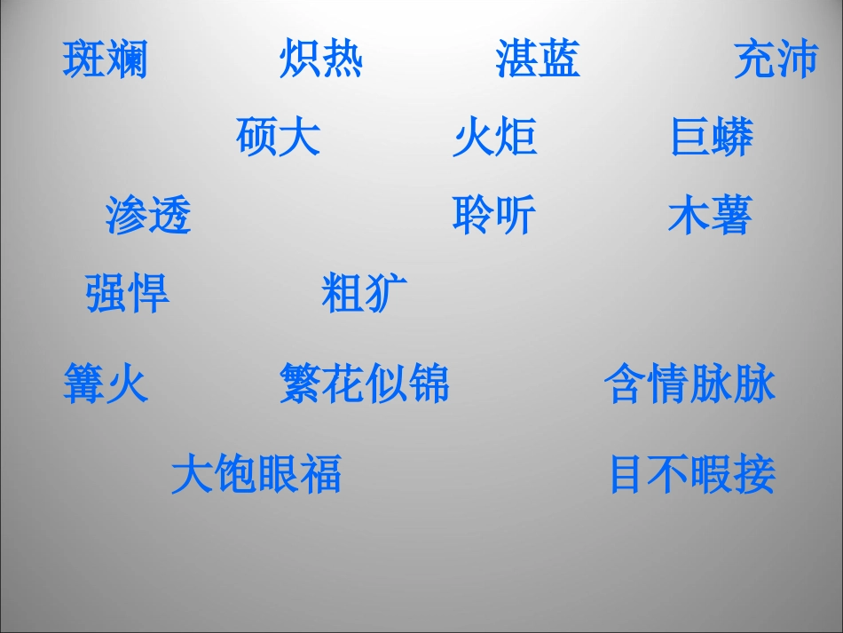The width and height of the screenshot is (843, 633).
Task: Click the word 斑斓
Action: click(106, 59)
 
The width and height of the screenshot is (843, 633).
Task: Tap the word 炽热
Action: click(321, 59)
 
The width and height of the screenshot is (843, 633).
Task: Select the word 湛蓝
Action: click(538, 59)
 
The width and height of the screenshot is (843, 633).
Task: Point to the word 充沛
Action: click(776, 59)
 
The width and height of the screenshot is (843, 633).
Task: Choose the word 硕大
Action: click(279, 138)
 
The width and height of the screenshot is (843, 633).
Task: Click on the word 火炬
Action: click(494, 138)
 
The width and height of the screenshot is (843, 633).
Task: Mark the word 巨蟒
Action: click(712, 138)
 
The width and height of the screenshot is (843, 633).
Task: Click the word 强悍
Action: click(127, 294)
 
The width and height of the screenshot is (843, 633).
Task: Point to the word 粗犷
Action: click(364, 294)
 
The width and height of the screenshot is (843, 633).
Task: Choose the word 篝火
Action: click(106, 384)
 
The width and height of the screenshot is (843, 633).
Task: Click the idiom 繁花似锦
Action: click(365, 384)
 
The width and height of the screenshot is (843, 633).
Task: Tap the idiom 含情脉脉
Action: click(689, 384)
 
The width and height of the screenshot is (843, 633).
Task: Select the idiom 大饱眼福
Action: click(256, 474)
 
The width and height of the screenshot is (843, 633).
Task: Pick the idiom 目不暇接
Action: click(691, 474)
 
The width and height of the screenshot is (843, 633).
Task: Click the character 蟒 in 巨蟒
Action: click(733, 138)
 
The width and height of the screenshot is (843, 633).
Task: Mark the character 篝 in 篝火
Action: click(84, 384)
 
